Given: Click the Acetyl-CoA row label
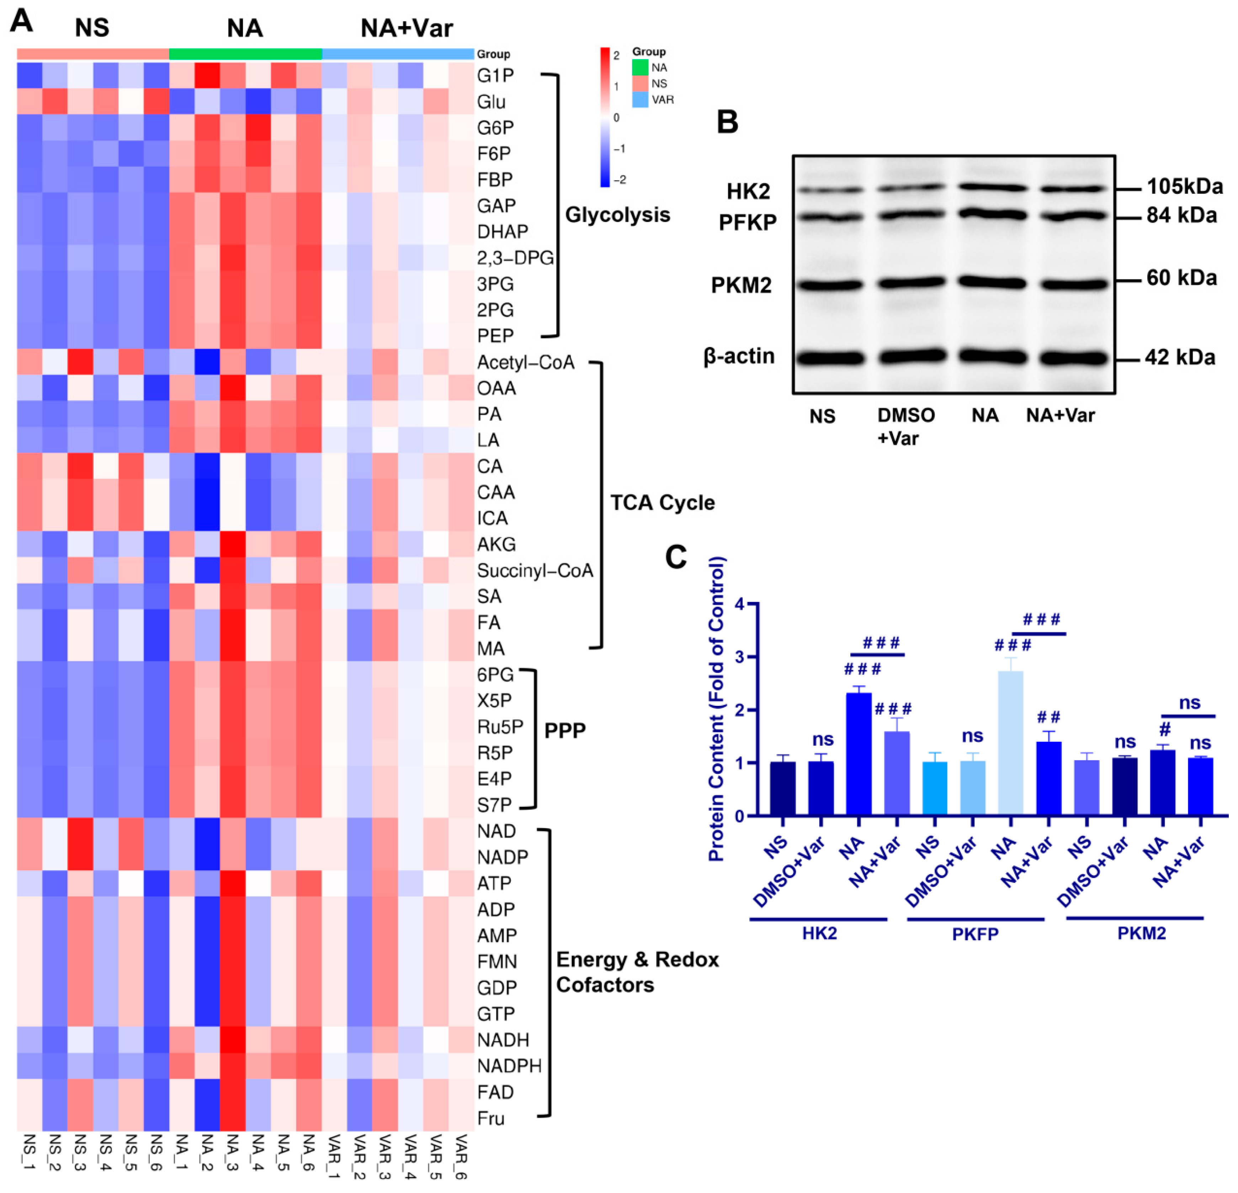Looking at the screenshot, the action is (x=526, y=362).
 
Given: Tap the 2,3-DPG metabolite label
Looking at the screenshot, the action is (x=515, y=258).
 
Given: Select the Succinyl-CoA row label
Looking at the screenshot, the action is (x=535, y=571).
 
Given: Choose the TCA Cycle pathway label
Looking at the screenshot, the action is (x=662, y=503).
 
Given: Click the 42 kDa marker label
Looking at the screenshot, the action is (x=1180, y=357).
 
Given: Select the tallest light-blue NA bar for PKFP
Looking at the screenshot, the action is (x=1011, y=743).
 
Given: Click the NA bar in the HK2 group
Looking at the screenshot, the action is (x=859, y=754).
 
